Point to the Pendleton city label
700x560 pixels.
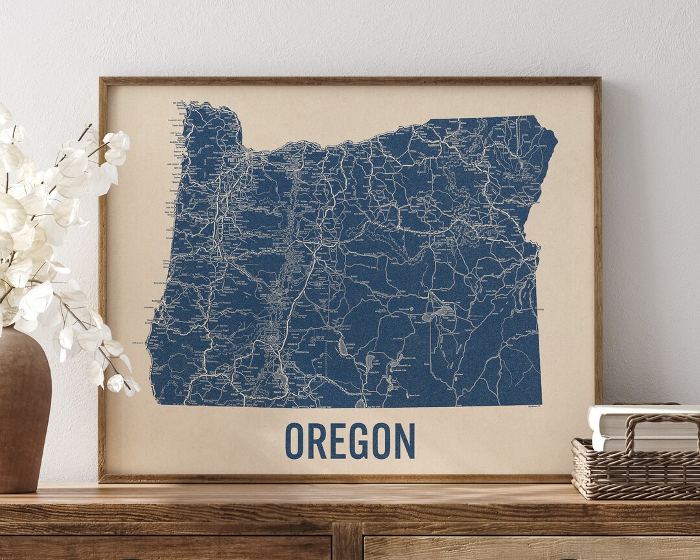(x=434, y=145)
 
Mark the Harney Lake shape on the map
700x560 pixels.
(x=428, y=318)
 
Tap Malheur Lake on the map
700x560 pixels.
(x=445, y=310)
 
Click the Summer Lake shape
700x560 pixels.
(x=342, y=348)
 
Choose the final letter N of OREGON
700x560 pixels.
(x=404, y=441)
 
